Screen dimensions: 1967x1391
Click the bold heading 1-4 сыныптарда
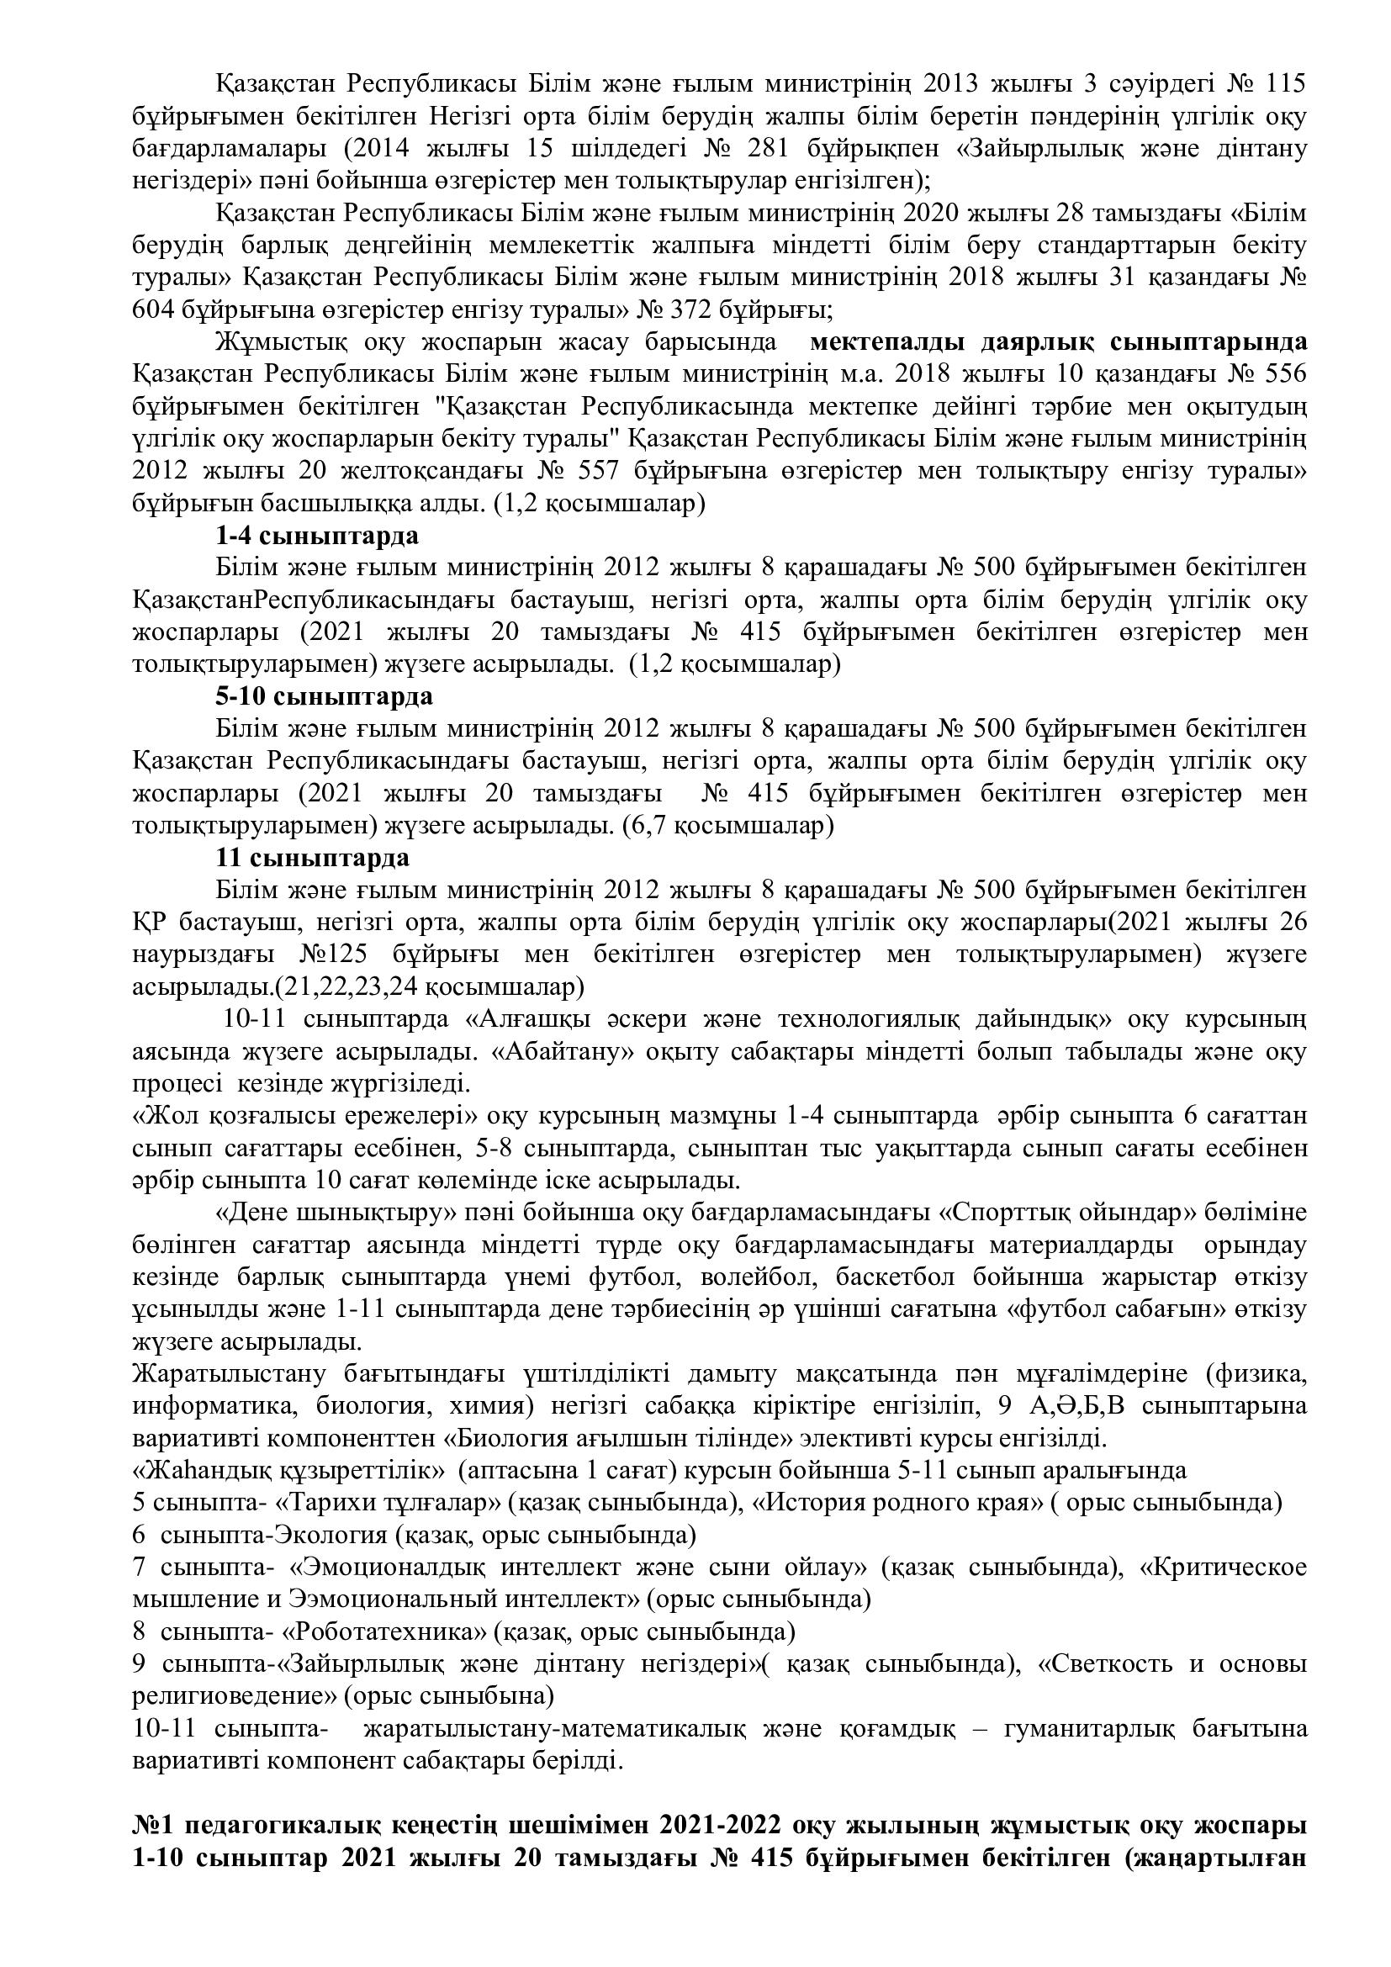coord(317,537)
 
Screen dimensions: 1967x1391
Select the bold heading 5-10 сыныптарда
coord(324,695)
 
